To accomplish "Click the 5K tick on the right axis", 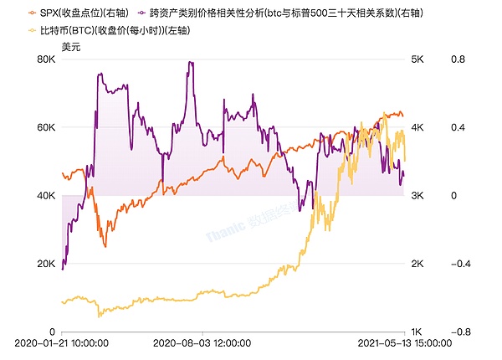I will click(x=418, y=59).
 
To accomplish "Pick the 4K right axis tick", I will click(x=418, y=127).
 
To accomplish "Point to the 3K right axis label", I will click(x=418, y=196).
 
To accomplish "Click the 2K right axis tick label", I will click(x=418, y=264).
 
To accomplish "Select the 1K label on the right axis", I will click(x=418, y=332).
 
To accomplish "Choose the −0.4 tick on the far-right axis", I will click(x=456, y=264).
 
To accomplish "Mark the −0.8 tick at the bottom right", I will click(x=456, y=332).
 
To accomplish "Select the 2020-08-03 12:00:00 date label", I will click(x=202, y=343).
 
